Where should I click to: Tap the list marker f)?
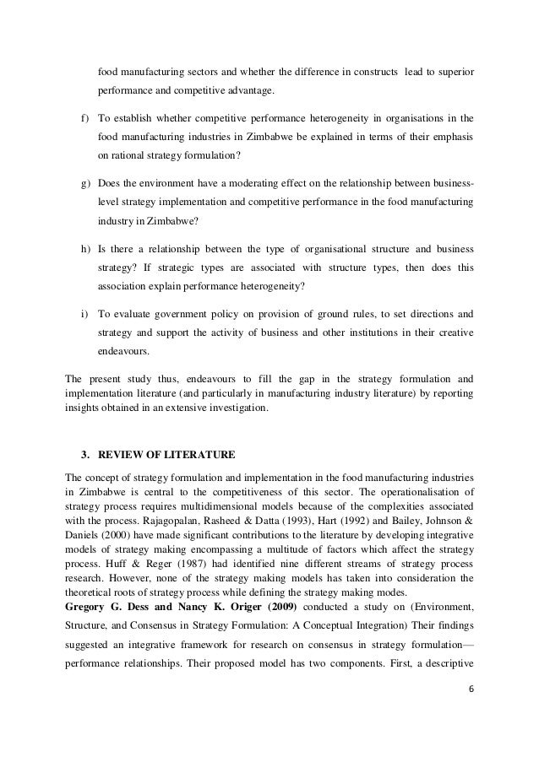(84, 119)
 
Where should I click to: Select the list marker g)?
(84, 184)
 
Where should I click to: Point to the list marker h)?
(84, 249)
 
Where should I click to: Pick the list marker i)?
(84, 314)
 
